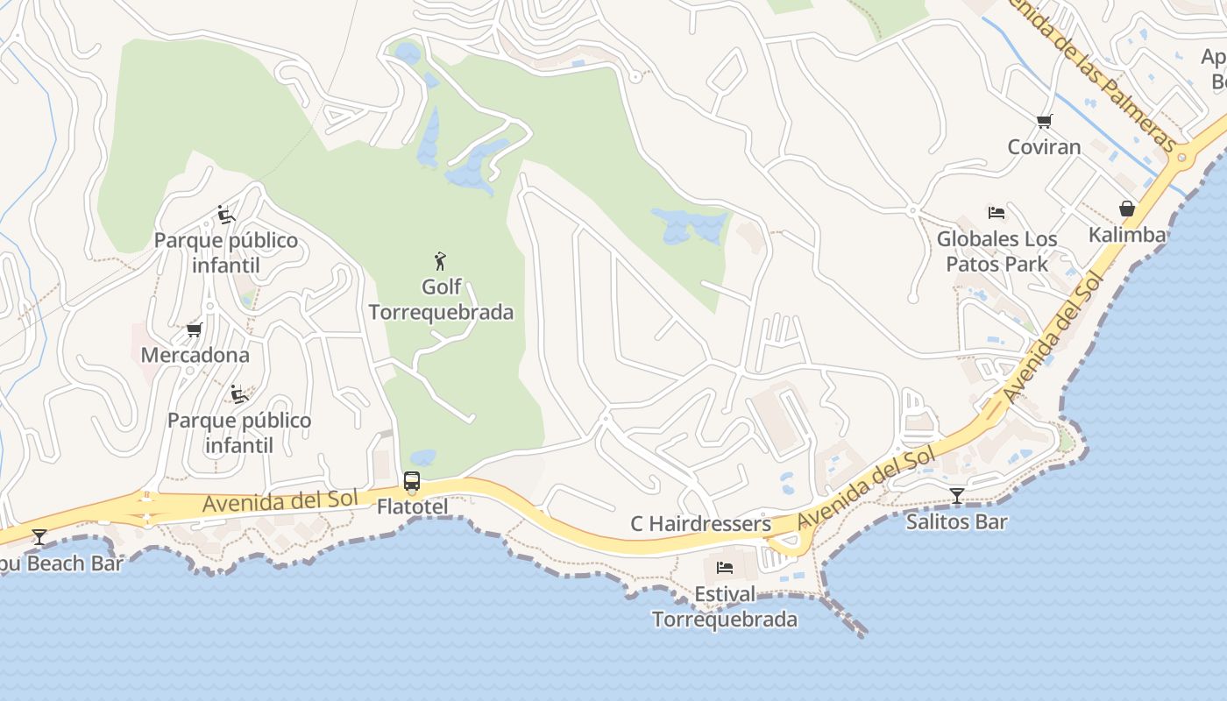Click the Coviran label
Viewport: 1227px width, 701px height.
[x=1044, y=146]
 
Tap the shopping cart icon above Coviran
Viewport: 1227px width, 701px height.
[x=1044, y=121]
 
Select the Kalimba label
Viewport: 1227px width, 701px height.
[x=1127, y=235]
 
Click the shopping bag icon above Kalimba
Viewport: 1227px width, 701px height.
[x=1127, y=209]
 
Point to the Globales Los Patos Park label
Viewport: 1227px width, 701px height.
[x=996, y=251]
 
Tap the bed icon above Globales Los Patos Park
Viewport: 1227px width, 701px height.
[x=996, y=212]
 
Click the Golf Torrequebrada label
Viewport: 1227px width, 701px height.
[x=441, y=300]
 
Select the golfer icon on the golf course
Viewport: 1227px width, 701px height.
[x=441, y=260]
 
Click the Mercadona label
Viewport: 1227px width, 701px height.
[x=195, y=355]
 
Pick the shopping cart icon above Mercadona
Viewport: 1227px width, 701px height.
[x=195, y=329]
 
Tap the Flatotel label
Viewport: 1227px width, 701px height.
[x=412, y=506]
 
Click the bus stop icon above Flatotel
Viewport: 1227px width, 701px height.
[x=412, y=481]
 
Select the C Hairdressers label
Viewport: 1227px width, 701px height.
[x=700, y=524]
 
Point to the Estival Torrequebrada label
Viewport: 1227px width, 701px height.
[x=725, y=606]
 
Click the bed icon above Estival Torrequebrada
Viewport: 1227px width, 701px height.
[x=725, y=568]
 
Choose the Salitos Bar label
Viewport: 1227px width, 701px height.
[x=956, y=521]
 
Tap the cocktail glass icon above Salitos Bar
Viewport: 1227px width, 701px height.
[x=957, y=496]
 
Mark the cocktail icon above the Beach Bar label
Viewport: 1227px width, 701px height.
[x=39, y=536]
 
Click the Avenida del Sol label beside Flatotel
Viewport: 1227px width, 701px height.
[x=280, y=501]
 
